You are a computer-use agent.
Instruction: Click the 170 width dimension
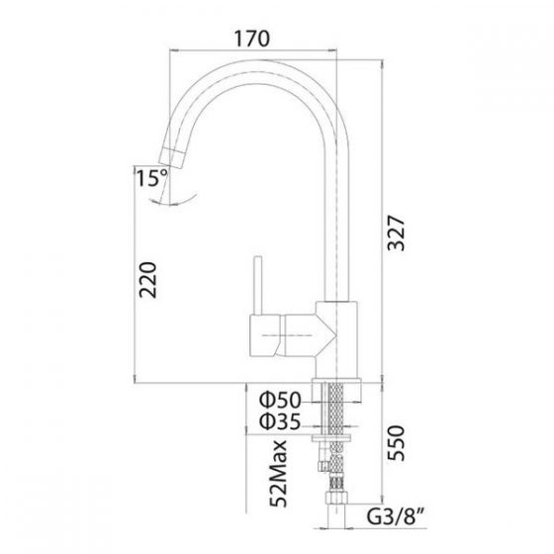pyautogui.click(x=253, y=40)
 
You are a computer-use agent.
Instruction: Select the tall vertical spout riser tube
pyautogui.click(x=338, y=218)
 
